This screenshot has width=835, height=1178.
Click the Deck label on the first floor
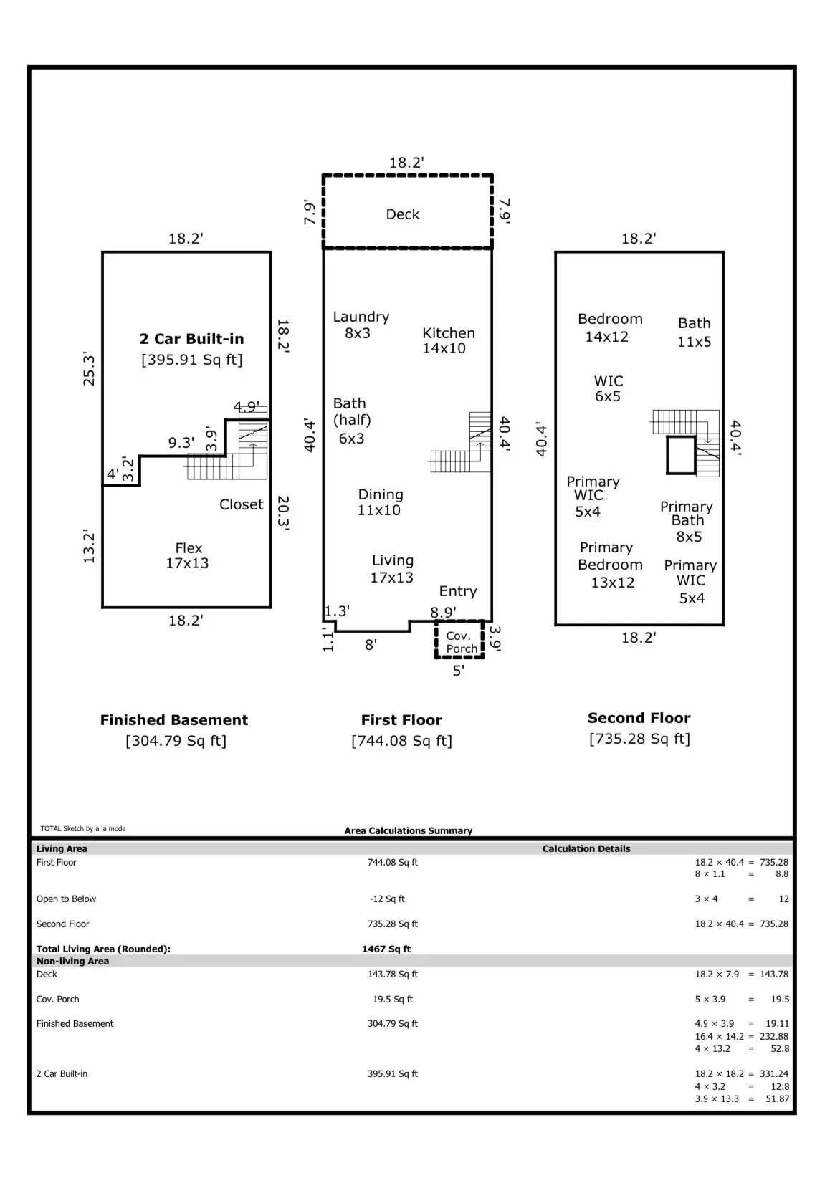coord(402,214)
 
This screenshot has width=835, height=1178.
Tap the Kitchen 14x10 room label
coord(447,341)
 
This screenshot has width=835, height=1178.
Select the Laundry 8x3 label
coord(361,325)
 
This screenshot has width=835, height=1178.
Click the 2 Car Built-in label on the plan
coord(191,339)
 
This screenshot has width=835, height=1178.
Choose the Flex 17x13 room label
coord(188,556)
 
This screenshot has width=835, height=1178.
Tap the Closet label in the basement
coord(241,504)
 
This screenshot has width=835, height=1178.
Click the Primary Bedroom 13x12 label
coord(610,565)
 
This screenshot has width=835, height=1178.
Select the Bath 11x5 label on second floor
coord(694,332)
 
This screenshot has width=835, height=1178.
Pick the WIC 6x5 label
coord(608,388)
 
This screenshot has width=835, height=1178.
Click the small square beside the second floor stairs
coord(681,455)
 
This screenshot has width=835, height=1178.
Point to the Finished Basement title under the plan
coord(173,720)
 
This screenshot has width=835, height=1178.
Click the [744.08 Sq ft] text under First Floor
coord(401,741)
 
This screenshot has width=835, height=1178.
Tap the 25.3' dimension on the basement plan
coord(90,369)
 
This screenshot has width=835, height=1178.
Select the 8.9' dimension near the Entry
coord(443,612)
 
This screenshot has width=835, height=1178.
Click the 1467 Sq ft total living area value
coord(386,949)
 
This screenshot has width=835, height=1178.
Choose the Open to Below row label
coord(66,899)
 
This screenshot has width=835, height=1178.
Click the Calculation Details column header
coord(586,848)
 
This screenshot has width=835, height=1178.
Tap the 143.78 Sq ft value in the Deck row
coord(393,975)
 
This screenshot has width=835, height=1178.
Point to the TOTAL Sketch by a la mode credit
coord(83,829)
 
